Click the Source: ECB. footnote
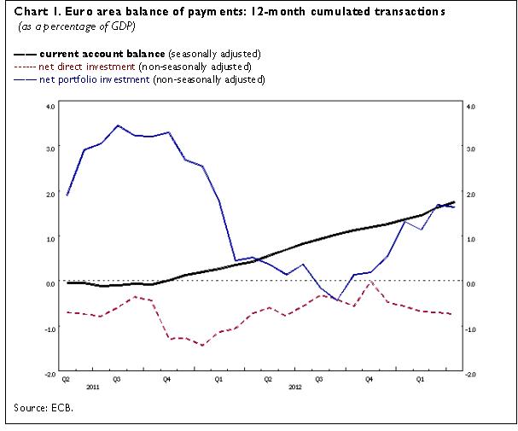(x=42, y=407)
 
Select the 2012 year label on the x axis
(x=294, y=386)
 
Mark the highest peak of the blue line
(x=118, y=125)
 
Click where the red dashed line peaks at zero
(x=370, y=282)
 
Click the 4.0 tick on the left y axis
(x=49, y=107)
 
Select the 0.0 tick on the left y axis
(x=49, y=284)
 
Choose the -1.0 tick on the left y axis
(x=49, y=329)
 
